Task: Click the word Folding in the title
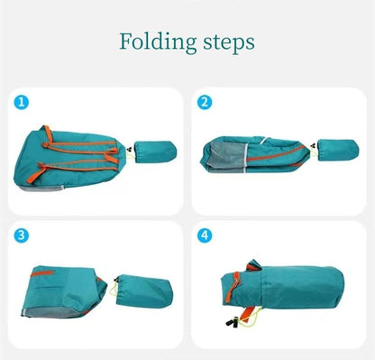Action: point(158,42)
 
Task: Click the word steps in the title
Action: point(229,43)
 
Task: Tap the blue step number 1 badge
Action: point(22,102)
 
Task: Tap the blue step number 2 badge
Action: point(205,102)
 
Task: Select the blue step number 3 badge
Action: point(22,235)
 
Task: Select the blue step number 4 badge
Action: point(205,235)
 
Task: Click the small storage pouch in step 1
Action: point(155,152)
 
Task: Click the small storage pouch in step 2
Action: point(338,150)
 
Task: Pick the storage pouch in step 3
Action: point(144,291)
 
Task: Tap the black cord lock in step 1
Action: point(130,149)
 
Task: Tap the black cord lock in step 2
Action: point(313,146)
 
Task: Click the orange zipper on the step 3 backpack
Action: point(42,273)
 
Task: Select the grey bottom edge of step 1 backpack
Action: point(40,188)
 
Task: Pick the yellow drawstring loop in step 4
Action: point(249,318)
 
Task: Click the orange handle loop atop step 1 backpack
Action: point(48,134)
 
